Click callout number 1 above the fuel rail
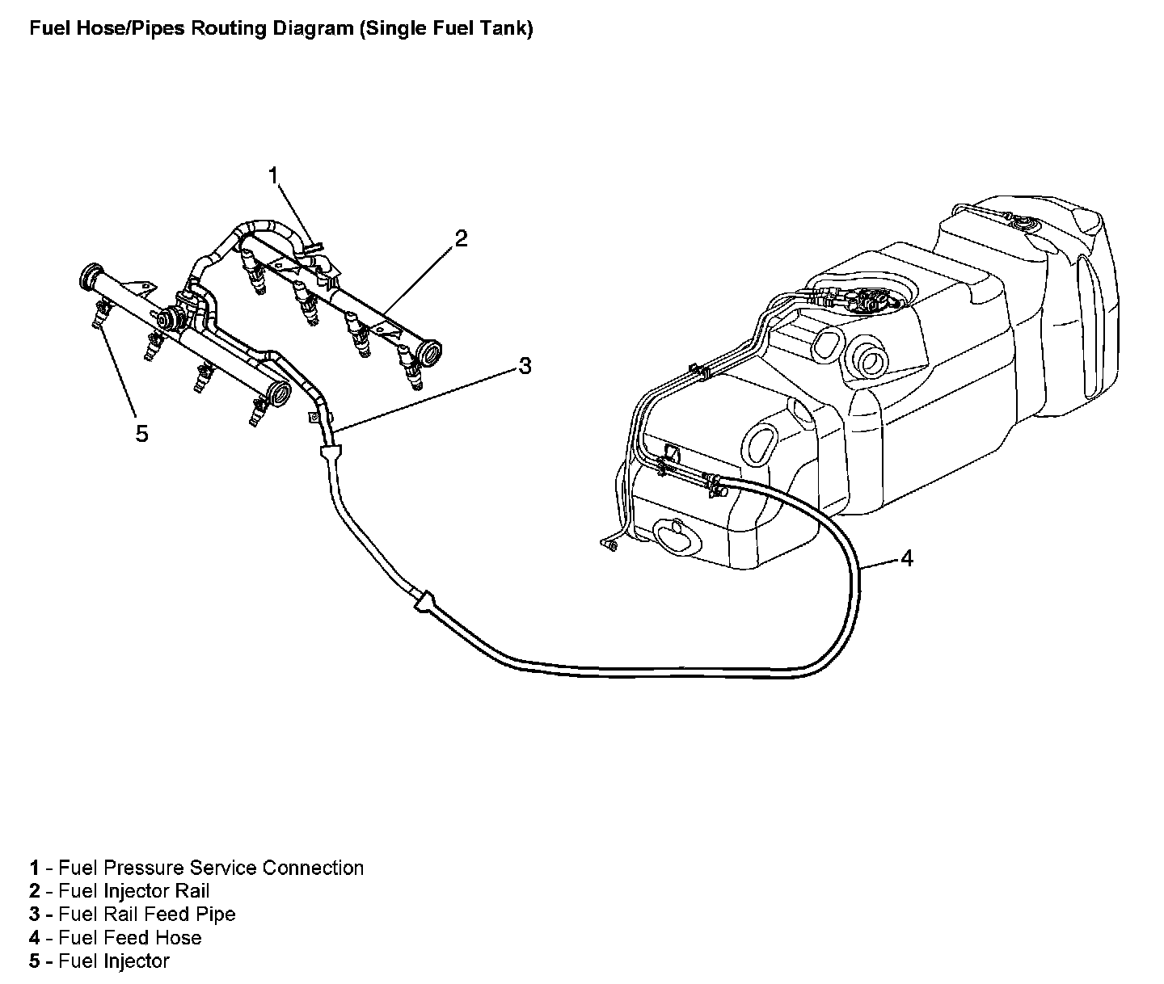point(274,175)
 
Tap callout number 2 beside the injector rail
point(461,238)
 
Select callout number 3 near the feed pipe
point(525,366)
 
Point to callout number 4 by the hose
point(907,558)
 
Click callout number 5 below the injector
point(142,434)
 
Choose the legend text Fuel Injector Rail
point(134,891)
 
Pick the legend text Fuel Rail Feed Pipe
point(147,915)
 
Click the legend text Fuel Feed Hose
point(130,938)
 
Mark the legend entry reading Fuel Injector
point(114,961)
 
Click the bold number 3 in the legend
point(35,915)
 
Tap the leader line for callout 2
point(419,279)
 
